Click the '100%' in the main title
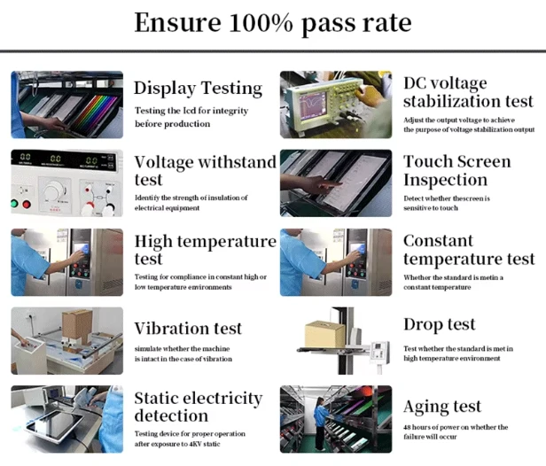click(261, 23)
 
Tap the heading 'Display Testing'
click(199, 88)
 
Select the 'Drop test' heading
click(440, 324)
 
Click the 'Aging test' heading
click(442, 407)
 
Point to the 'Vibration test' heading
click(188, 329)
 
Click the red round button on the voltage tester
click(27, 204)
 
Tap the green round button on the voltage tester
click(14, 203)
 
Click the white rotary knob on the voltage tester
click(53, 190)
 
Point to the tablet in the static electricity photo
click(55, 423)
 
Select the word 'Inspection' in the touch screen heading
click(445, 180)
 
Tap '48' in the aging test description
click(407, 427)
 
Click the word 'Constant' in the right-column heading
click(439, 241)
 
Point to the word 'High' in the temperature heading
click(153, 242)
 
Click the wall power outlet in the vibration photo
click(30, 318)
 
